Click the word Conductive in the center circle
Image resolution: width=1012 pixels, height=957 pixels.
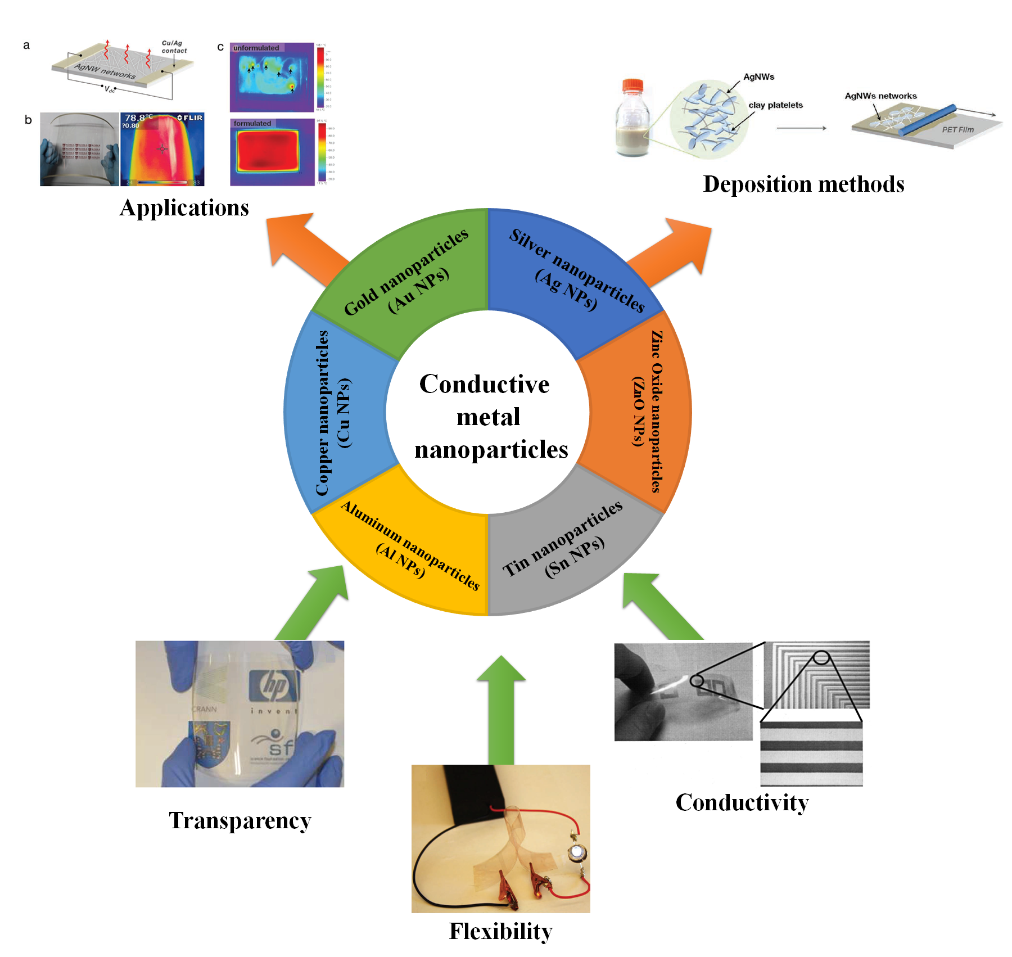[x=484, y=385]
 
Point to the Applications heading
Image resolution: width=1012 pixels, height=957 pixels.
[x=184, y=208]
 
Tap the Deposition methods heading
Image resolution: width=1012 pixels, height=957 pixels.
[x=803, y=184]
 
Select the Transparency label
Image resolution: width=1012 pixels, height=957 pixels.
[x=240, y=821]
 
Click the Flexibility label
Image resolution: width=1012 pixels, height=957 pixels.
[x=500, y=932]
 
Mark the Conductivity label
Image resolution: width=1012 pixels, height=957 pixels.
[x=742, y=803]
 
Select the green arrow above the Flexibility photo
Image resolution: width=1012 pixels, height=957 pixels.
[x=501, y=708]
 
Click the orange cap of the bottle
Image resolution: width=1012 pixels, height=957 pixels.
[x=632, y=84]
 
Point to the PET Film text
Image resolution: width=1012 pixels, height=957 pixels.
[x=957, y=129]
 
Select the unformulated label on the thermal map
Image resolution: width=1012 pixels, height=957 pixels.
[x=256, y=48]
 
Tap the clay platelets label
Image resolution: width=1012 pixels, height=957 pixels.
[x=775, y=105]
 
